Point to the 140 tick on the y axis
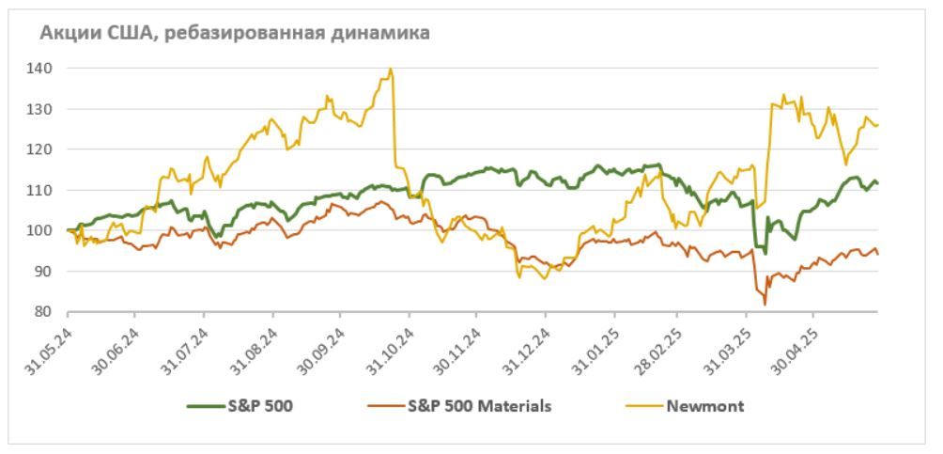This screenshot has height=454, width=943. pyautogui.click(x=46, y=69)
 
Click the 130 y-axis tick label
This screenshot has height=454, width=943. pyautogui.click(x=46, y=109)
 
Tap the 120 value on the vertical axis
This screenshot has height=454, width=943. pyautogui.click(x=46, y=149)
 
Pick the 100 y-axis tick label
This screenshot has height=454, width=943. pyautogui.click(x=46, y=230)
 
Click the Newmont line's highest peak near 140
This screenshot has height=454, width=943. pyautogui.click(x=390, y=70)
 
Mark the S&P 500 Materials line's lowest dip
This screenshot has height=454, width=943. pyautogui.click(x=765, y=305)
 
